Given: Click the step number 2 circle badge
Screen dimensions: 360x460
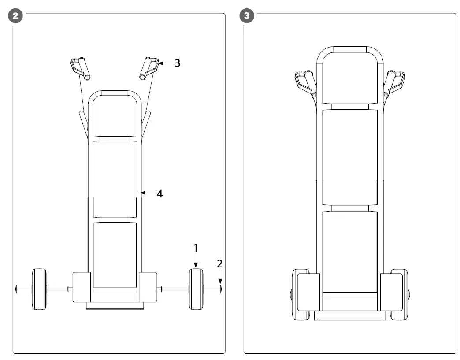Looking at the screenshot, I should pyautogui.click(x=16, y=16).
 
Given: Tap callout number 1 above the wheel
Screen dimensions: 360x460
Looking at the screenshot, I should pyautogui.click(x=196, y=248).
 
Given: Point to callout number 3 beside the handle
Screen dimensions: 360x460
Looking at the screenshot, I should pyautogui.click(x=177, y=63).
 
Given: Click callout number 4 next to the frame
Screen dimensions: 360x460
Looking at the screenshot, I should pyautogui.click(x=160, y=193).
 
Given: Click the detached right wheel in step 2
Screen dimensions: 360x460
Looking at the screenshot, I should pyautogui.click(x=196, y=289).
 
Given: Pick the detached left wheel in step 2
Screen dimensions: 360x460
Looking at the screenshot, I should pyautogui.click(x=39, y=289).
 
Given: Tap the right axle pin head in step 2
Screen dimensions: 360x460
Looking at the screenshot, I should pyautogui.click(x=219, y=289).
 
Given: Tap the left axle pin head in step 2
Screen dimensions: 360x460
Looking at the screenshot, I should pyautogui.click(x=16, y=289).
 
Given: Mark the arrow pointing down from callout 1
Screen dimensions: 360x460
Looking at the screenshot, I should pyautogui.click(x=196, y=261).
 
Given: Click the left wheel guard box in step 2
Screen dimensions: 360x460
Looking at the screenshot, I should pyautogui.click(x=82, y=287).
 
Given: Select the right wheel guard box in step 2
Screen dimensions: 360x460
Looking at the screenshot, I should pyautogui.click(x=148, y=287).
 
